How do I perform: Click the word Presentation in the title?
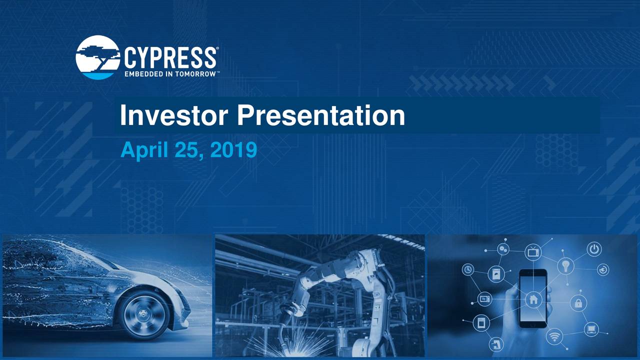pyautogui.click(x=320, y=115)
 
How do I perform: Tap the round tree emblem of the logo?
pyautogui.click(x=97, y=57)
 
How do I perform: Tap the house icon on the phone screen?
pyautogui.click(x=532, y=300)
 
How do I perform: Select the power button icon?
pyautogui.click(x=594, y=249)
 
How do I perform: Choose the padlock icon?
pyautogui.click(x=578, y=302)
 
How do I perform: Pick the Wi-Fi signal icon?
pyautogui.click(x=554, y=336)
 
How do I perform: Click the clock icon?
pyautogui.click(x=468, y=269)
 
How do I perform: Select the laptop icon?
pyautogui.click(x=591, y=328)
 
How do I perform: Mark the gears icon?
pyautogui.click(x=503, y=248)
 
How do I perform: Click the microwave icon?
pyautogui.click(x=484, y=298)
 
